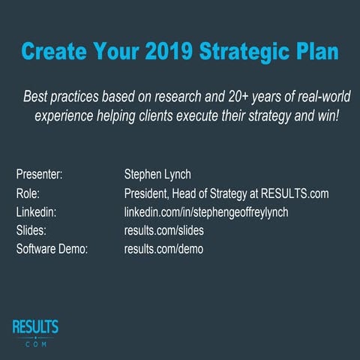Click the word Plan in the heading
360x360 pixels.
[x=316, y=53]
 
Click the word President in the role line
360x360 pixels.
[x=151, y=193]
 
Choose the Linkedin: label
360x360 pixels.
[x=35, y=212]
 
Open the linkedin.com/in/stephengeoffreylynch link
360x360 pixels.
[x=205, y=212]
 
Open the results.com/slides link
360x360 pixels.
[x=163, y=230]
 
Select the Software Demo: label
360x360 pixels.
[x=52, y=248]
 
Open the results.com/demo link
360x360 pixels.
[x=163, y=248]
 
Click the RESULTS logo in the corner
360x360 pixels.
[x=35, y=332]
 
